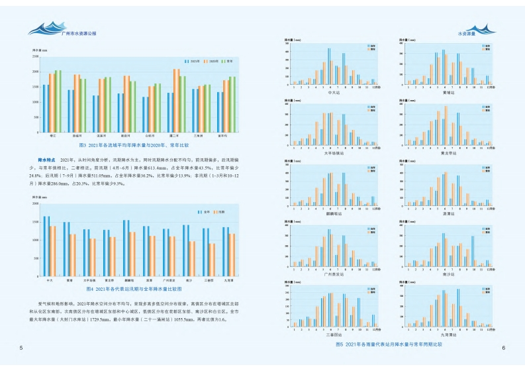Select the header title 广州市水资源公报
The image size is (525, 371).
(77, 32)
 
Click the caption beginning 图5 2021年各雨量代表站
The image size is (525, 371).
(389, 344)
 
